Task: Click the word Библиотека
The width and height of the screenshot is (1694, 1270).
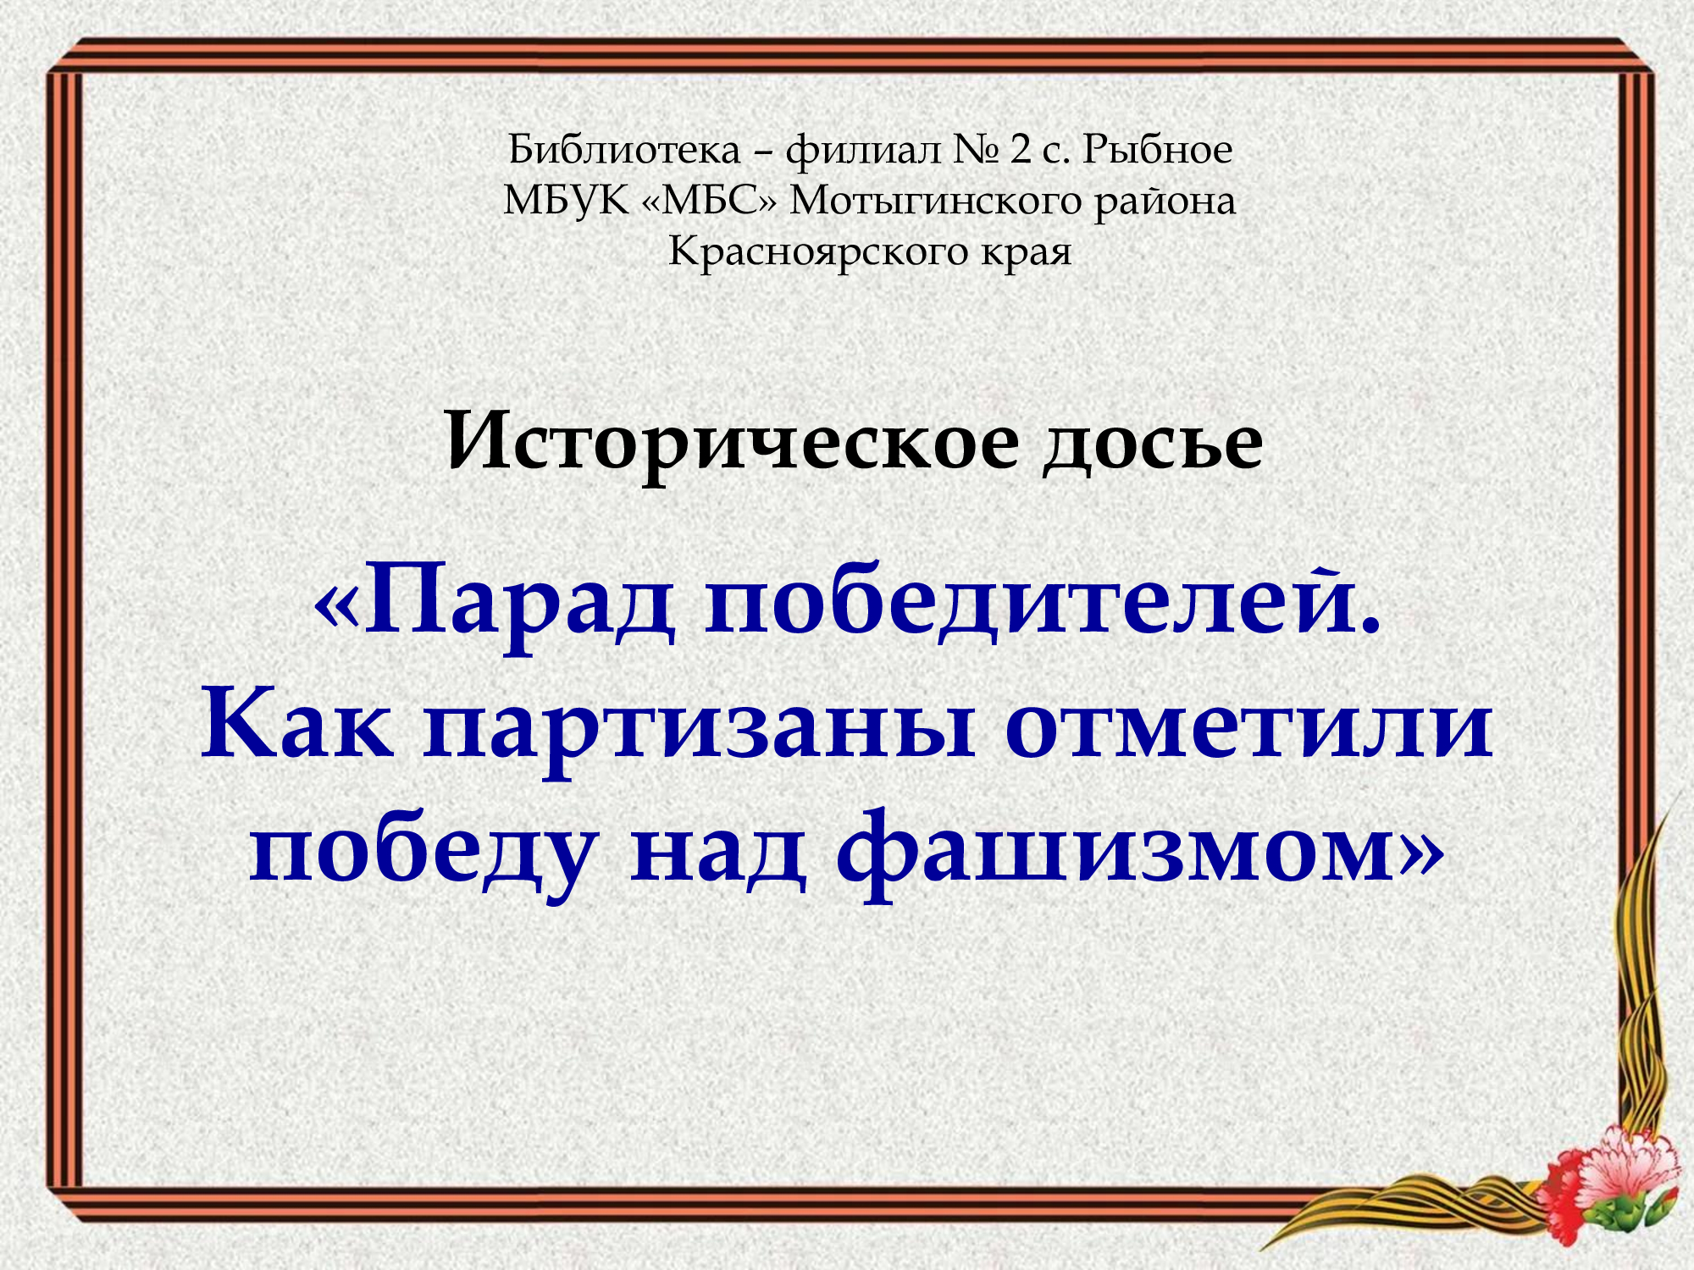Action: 625,150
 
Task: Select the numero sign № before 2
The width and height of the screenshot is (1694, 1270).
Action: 977,151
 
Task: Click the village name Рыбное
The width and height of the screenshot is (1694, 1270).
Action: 1157,150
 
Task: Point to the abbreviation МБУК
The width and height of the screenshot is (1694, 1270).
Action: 567,202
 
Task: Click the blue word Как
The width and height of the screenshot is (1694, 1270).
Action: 297,726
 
